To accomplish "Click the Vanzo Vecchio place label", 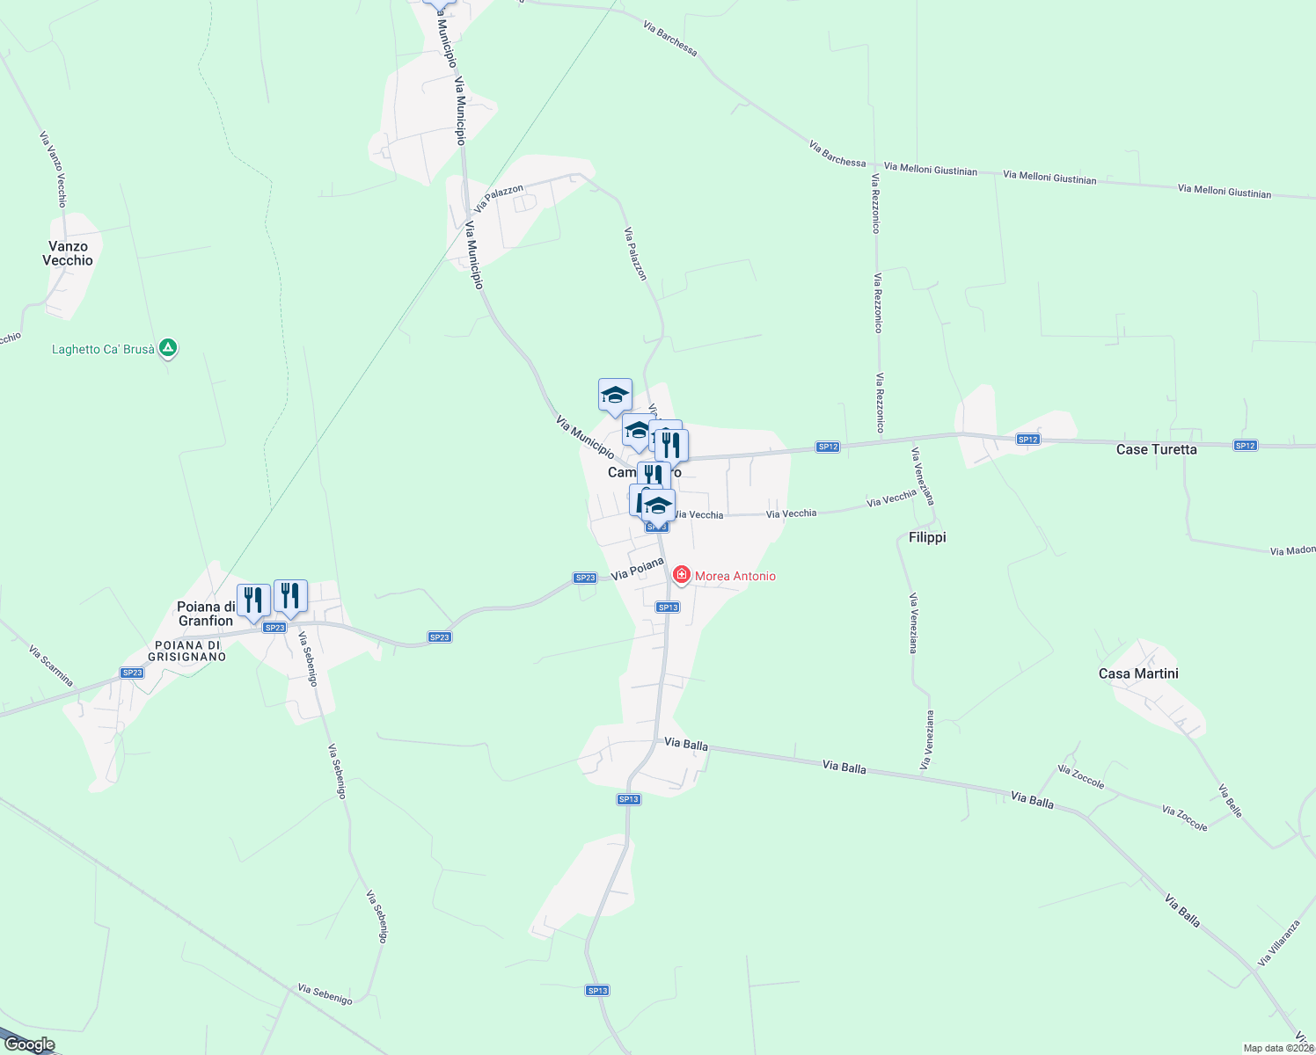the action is tap(68, 253).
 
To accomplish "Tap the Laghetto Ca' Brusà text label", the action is tap(103, 349).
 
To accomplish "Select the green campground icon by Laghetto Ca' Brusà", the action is tap(168, 348).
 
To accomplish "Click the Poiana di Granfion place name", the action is tap(206, 614).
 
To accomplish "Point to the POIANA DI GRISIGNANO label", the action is tap(186, 651).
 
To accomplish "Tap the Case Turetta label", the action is tap(1156, 449).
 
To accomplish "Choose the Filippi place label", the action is tap(927, 537).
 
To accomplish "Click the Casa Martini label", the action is tap(1138, 673).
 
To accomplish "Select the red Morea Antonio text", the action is tap(735, 576).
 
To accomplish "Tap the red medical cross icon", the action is tap(681, 575).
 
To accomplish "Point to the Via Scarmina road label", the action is tap(51, 666).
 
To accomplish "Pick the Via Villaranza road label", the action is tap(1278, 943).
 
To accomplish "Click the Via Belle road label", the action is tap(1231, 801).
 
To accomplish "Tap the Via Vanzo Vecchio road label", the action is tap(53, 170).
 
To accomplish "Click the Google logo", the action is tap(29, 1044).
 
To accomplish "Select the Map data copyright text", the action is tap(1278, 1048).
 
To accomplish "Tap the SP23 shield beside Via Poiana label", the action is tap(585, 578).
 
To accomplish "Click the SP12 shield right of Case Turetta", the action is tap(1245, 446).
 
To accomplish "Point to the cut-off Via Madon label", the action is tap(1292, 550).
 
